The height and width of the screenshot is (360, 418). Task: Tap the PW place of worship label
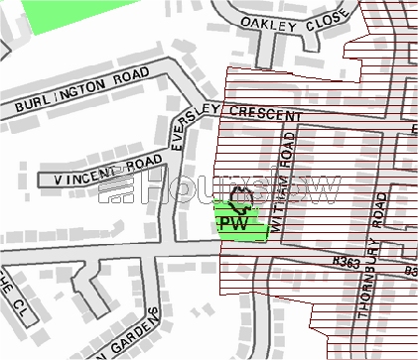(232, 224)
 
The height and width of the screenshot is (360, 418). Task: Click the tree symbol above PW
(238, 201)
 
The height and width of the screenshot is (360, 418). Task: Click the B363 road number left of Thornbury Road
(347, 263)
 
